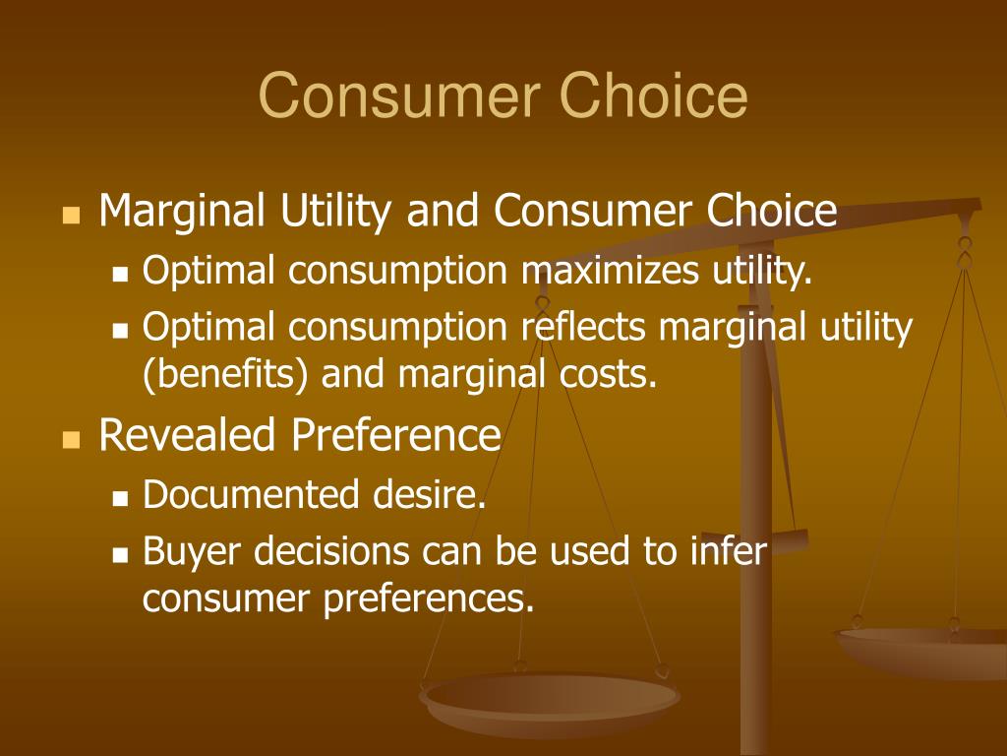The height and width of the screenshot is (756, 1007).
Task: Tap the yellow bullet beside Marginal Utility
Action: pos(71,214)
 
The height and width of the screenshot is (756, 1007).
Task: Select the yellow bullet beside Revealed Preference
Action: pos(71,438)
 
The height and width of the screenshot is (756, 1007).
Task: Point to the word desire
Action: pos(429,495)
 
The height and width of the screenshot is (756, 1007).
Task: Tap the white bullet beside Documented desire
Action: pos(121,499)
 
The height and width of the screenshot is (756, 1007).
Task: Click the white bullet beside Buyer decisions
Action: pos(121,555)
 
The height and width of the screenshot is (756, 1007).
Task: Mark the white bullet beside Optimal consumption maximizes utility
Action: pos(121,275)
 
